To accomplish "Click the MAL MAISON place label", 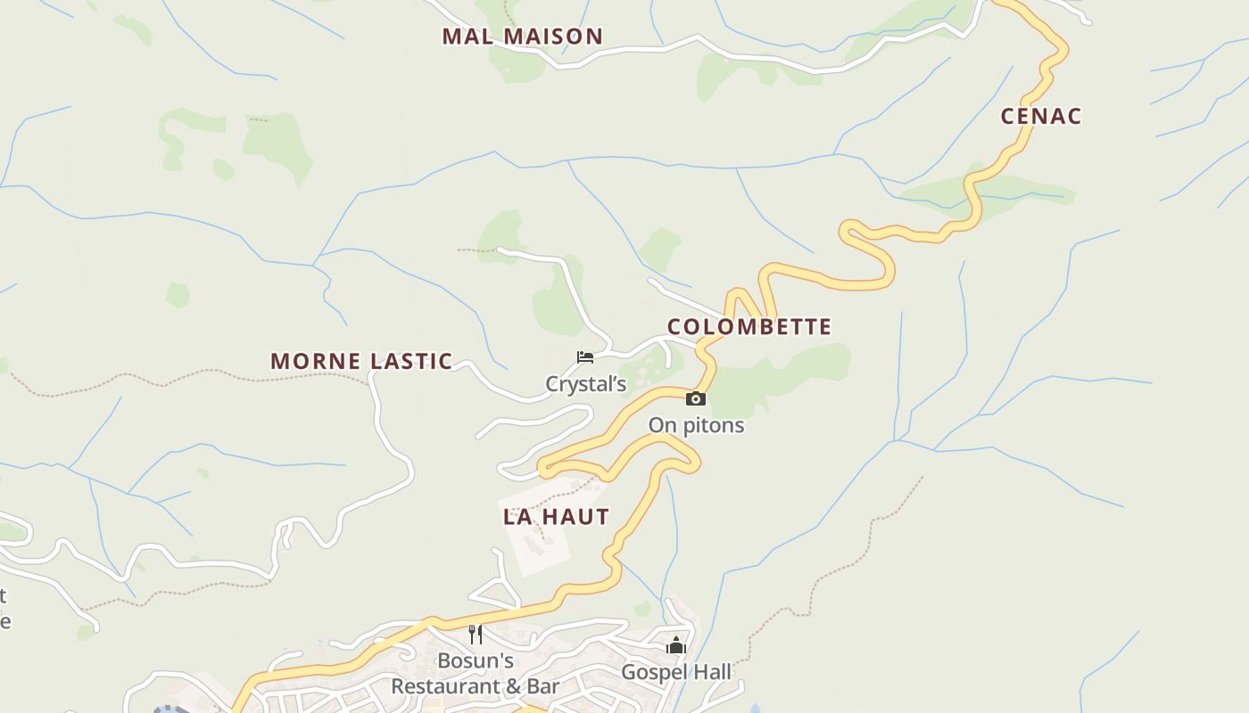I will pos(523,37).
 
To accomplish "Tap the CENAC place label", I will pos(1040,116).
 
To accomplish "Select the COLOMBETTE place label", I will pos(749,327).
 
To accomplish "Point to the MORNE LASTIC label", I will pos(361,361).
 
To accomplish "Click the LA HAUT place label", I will pos(556,517).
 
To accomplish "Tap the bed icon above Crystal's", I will pos(585,357).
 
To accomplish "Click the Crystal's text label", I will pos(586,384).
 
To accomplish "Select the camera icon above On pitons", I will pos(696,398).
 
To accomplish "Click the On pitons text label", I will pos(696,425).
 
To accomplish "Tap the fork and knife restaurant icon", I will pos(476,635).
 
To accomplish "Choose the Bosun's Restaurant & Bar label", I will pos(476,674).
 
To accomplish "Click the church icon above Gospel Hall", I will pos(676,645).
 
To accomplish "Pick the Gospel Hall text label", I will pos(676,672).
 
